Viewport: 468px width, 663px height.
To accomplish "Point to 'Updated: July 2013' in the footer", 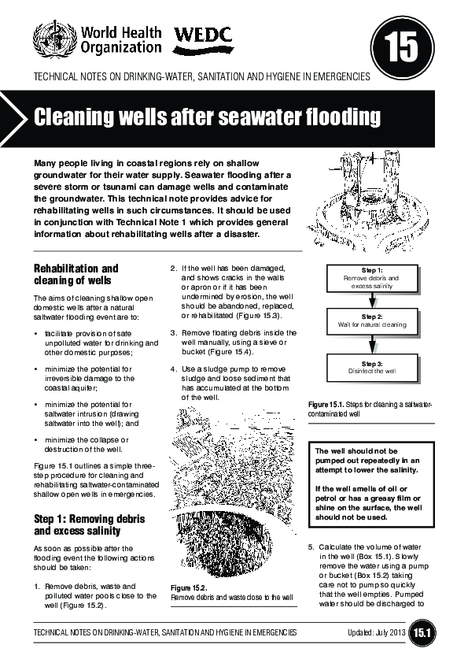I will [x=377, y=632].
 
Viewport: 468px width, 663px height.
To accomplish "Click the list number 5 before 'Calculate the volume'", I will [x=311, y=546].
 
